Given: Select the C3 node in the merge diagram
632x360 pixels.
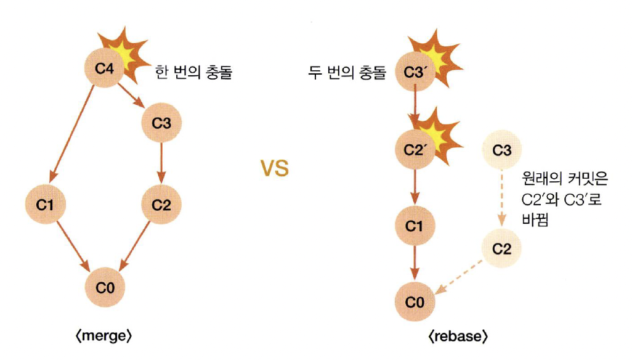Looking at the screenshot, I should click(161, 123).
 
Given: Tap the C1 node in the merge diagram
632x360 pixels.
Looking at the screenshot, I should click(45, 205).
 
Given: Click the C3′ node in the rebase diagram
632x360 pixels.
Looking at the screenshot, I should click(414, 72).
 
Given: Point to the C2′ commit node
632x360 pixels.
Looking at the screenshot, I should click(414, 150).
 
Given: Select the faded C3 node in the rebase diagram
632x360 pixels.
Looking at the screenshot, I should click(502, 150).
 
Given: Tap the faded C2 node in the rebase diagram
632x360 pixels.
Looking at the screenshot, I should click(502, 249).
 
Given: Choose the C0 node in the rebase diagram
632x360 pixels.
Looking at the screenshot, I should click(414, 302).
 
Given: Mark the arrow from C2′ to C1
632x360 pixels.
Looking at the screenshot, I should click(415, 187).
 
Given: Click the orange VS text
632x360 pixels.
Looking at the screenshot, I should click(273, 168).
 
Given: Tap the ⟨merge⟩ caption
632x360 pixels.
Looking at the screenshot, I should click(104, 337).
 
